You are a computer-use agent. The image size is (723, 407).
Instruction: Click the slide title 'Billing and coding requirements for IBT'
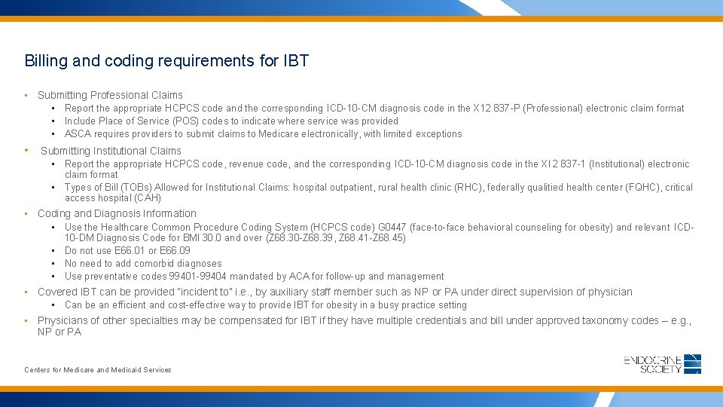pos(166,60)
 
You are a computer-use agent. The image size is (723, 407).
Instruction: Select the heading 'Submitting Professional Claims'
pos(110,95)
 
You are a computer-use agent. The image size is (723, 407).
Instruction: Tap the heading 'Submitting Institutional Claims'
pos(111,151)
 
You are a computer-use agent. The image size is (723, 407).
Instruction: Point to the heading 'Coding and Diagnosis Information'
pos(117,213)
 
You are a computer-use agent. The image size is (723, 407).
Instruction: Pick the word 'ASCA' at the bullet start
pos(78,134)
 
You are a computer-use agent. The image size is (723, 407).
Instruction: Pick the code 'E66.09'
pos(175,251)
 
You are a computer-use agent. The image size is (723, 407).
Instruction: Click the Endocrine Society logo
pos(663,363)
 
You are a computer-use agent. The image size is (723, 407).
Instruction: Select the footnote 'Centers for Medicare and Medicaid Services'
pos(98,370)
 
